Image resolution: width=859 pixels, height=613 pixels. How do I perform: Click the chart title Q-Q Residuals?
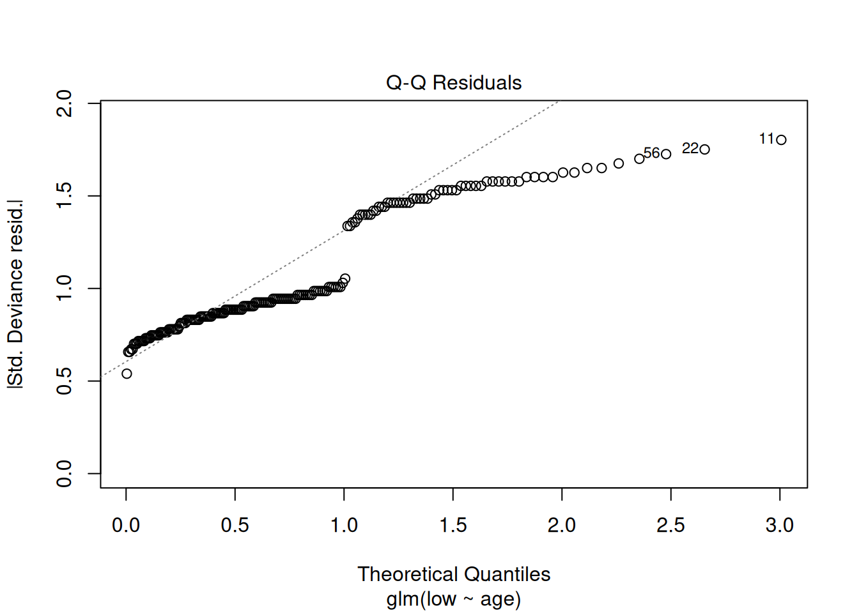point(454,83)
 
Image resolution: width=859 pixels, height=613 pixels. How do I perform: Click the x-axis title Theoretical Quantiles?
point(454,574)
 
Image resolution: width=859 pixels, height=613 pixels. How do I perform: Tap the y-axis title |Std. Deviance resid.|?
point(16,294)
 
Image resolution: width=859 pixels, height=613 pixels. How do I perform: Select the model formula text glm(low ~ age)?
point(454,599)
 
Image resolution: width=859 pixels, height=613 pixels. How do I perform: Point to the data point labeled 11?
point(781,139)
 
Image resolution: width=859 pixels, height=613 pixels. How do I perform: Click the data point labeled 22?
point(704,149)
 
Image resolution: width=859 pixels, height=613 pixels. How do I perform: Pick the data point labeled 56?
point(666,154)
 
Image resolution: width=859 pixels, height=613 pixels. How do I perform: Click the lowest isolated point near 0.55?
point(127,374)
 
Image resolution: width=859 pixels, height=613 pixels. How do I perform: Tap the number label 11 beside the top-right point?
point(766,139)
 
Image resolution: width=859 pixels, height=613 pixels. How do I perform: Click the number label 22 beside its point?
point(690,149)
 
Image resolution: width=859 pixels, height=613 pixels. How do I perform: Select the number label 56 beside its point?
point(652,153)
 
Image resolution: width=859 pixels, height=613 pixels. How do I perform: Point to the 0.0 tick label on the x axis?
point(126,526)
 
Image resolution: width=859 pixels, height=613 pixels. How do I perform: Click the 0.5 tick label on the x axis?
point(235,526)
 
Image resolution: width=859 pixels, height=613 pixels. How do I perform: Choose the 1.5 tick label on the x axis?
point(453,526)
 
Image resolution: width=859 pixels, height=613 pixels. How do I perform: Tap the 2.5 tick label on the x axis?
point(670,526)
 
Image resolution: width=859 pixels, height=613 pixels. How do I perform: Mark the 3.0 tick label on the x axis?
point(780,526)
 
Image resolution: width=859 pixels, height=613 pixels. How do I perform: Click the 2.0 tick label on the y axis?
point(64,103)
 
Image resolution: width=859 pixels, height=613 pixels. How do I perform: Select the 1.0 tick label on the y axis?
point(64,288)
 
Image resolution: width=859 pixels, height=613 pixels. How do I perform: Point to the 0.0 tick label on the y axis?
point(64,473)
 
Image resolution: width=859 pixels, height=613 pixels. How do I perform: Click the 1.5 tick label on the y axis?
point(64,195)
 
